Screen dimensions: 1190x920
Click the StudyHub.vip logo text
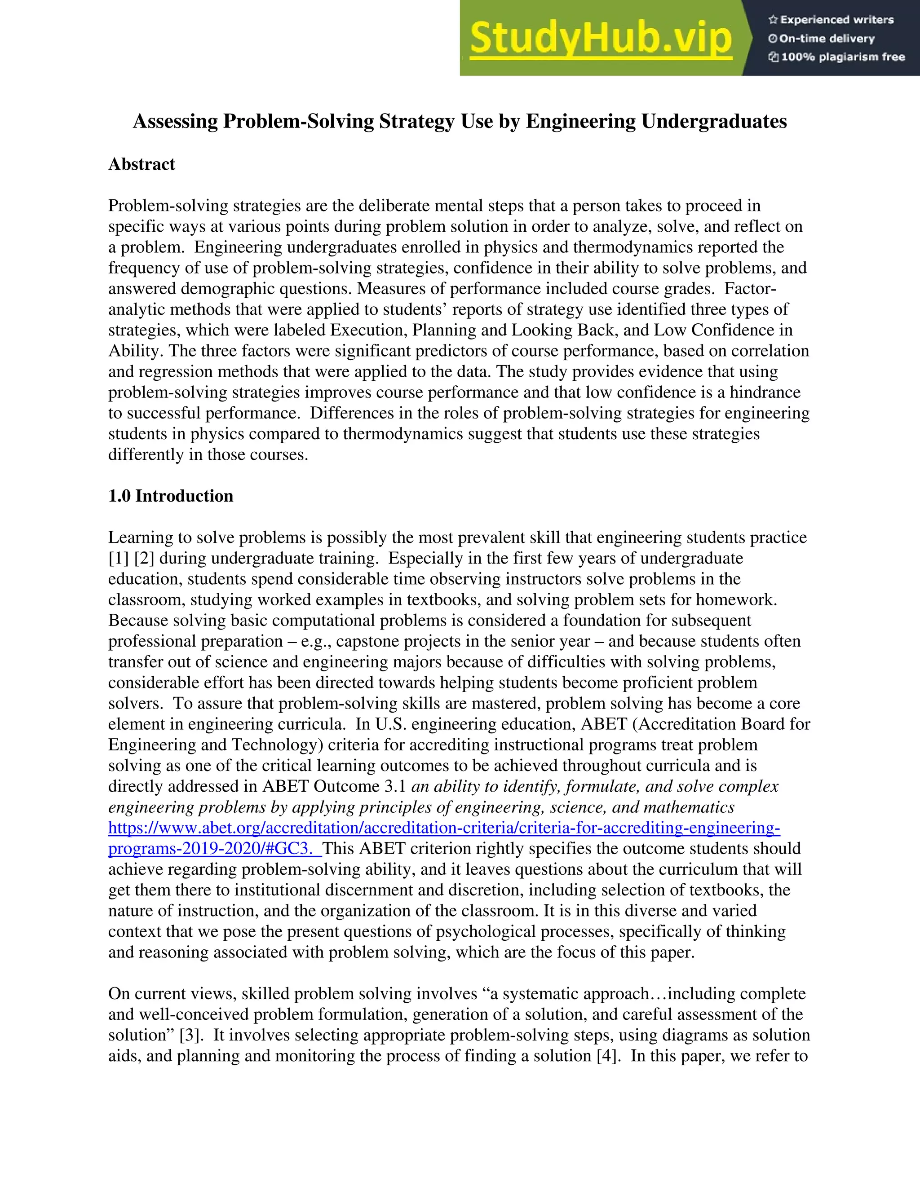[x=600, y=38]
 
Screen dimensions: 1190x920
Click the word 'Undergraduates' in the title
[x=714, y=121]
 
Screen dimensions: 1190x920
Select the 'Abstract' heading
[x=142, y=164]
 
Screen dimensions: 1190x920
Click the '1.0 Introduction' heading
[x=171, y=496]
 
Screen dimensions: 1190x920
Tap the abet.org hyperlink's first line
[x=444, y=828]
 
